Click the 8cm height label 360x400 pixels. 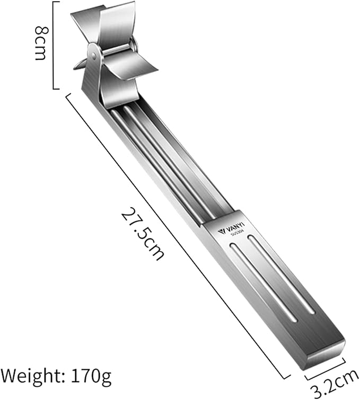coord(41,43)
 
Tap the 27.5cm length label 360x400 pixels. coord(143,233)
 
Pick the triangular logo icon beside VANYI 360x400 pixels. coord(221,232)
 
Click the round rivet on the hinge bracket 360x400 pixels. coord(94,55)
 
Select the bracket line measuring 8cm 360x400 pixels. coord(54,45)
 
